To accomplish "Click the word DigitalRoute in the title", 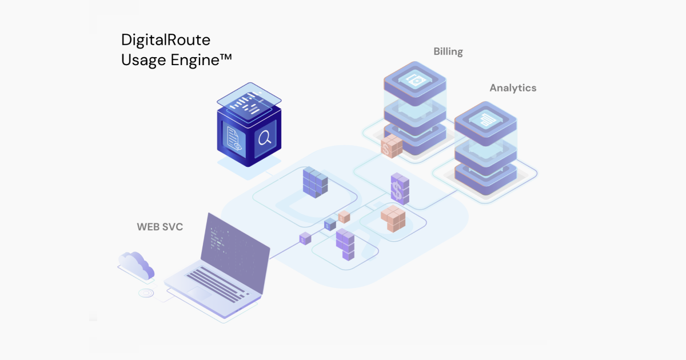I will click(x=166, y=40).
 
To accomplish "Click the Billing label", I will click(x=448, y=51).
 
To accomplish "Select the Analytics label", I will click(x=513, y=88).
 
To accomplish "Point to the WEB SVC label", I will click(x=159, y=227).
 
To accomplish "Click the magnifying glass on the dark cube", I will click(x=265, y=138).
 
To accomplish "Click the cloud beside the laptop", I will click(x=136, y=263).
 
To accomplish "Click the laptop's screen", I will click(x=235, y=243).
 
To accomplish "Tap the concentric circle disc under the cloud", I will click(x=145, y=294).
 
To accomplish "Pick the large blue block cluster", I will click(x=314, y=182).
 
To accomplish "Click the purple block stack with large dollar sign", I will click(x=400, y=189).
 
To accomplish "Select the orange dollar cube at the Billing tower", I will click(x=392, y=146).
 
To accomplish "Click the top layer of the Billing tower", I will click(x=414, y=81).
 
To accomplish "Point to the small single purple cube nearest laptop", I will click(x=305, y=239).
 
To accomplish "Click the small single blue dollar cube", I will click(x=330, y=225).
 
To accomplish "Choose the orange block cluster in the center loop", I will click(x=393, y=219).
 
